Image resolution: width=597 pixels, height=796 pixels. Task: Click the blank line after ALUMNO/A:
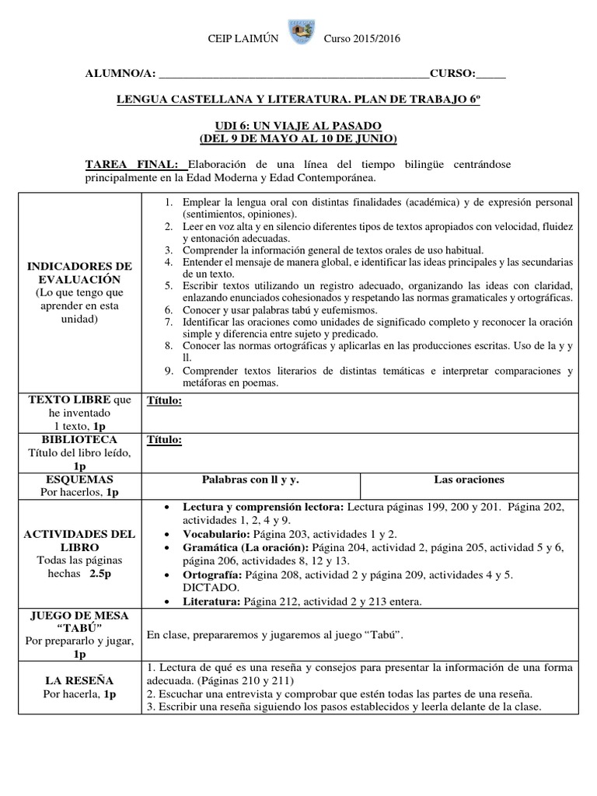(x=292, y=75)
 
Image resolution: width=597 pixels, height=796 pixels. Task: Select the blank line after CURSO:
(x=490, y=75)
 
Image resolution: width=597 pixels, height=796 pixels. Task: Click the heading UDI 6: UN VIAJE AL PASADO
(x=298, y=126)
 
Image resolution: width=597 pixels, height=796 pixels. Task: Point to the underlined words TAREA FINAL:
(x=135, y=165)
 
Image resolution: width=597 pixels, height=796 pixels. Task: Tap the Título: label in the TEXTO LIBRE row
(x=164, y=400)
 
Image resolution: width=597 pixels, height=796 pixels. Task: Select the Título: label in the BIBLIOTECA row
(x=164, y=440)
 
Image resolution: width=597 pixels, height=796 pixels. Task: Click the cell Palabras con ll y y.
(x=251, y=480)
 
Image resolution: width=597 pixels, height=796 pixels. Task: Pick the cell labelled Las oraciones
(x=470, y=480)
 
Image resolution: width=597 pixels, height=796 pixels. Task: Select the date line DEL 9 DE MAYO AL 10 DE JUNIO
(x=298, y=139)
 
